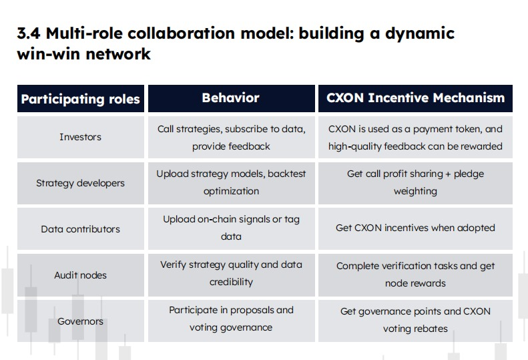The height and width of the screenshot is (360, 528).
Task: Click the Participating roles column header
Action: click(x=81, y=99)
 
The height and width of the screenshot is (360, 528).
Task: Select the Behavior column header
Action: click(x=231, y=98)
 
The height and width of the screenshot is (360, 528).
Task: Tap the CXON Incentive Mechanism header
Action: click(x=416, y=98)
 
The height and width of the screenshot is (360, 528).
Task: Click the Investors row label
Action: click(x=81, y=137)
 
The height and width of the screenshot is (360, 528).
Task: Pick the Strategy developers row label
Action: click(x=81, y=183)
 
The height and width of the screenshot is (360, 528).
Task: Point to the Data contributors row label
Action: click(x=81, y=229)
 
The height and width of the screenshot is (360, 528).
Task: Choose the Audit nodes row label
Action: click(x=81, y=275)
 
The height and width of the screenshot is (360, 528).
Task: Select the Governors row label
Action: click(x=81, y=321)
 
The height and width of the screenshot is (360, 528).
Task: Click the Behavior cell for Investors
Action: click(x=232, y=138)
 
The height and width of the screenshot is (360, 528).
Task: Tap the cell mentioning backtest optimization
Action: click(x=232, y=182)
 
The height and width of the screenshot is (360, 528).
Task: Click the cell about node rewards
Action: click(x=416, y=275)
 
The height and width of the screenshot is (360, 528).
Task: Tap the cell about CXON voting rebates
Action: click(x=416, y=320)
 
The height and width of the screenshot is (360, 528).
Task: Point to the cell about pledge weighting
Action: click(x=416, y=182)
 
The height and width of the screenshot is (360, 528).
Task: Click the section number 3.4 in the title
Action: click(x=29, y=33)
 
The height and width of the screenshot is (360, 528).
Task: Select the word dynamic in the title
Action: click(x=420, y=34)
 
